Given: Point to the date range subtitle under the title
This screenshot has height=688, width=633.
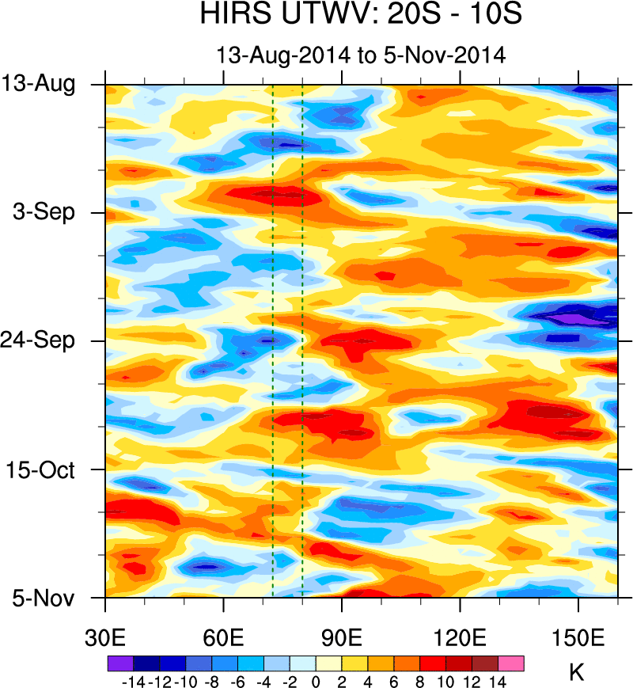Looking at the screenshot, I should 361,55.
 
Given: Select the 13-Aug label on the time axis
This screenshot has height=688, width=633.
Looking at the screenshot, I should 48,84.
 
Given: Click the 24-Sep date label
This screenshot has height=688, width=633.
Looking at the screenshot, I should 48,341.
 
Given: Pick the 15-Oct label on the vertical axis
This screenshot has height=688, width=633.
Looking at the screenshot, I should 50,469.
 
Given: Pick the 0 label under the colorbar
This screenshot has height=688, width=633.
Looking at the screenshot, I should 316,681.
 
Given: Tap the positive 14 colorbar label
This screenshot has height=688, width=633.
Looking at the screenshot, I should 498,681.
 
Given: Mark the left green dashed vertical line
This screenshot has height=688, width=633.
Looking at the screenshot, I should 272,340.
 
